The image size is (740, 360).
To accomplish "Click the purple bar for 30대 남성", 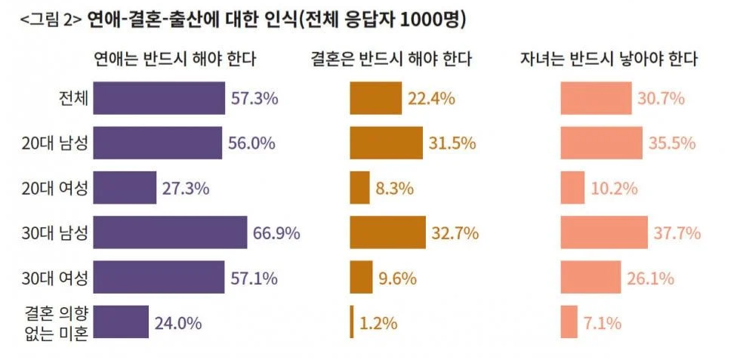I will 170,232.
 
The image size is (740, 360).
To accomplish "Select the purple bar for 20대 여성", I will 125,188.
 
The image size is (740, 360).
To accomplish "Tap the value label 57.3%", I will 254,98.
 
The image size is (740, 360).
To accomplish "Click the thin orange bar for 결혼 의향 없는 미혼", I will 352,322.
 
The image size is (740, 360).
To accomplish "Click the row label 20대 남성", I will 55,143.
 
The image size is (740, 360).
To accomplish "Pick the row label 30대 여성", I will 55,277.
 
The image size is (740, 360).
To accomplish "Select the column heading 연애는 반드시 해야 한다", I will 174,59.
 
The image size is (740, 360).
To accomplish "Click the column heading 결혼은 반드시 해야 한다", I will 391,59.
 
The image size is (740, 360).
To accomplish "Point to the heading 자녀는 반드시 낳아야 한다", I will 608,59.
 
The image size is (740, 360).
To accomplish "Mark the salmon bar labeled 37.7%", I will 603,232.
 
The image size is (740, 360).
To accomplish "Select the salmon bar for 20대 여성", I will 572,188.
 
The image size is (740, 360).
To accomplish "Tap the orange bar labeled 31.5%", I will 386,143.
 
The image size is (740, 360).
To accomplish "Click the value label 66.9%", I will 276,233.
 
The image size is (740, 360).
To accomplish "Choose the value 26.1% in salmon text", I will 650,278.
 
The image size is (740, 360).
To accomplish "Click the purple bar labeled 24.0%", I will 121,322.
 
